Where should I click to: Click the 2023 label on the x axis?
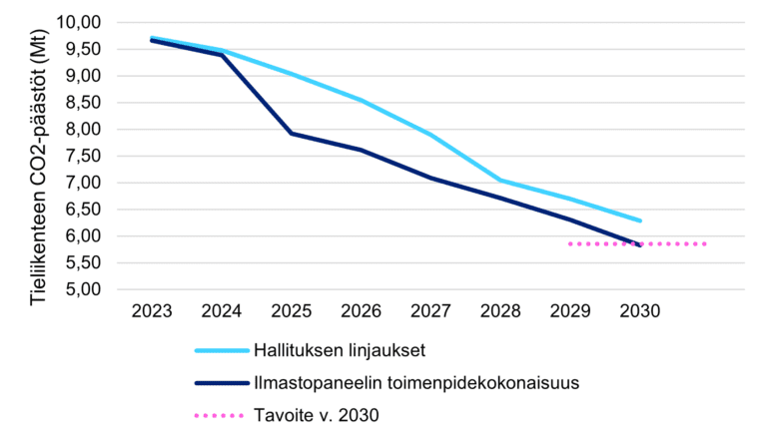coord(152,311)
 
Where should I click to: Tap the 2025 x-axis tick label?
coord(291,311)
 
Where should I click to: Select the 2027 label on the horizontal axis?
coord(430,311)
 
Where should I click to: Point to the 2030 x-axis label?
coord(640,311)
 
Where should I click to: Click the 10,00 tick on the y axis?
coord(78,23)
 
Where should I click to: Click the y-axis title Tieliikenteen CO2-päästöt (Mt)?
coord(38,168)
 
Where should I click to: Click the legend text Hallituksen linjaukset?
coord(340,350)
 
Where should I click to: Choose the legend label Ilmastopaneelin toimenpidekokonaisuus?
coord(416,383)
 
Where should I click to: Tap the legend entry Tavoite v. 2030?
coord(316,416)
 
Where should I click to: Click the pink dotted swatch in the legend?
coord(219,416)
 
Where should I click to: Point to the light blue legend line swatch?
coord(222,350)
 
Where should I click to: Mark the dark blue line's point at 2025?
coord(291,133)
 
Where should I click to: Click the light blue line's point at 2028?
coord(500,181)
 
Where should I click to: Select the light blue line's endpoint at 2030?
coord(640,220)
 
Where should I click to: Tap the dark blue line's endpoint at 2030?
coord(640,245)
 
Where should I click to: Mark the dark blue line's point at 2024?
coord(222,55)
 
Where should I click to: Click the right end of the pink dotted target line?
coord(705,243)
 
